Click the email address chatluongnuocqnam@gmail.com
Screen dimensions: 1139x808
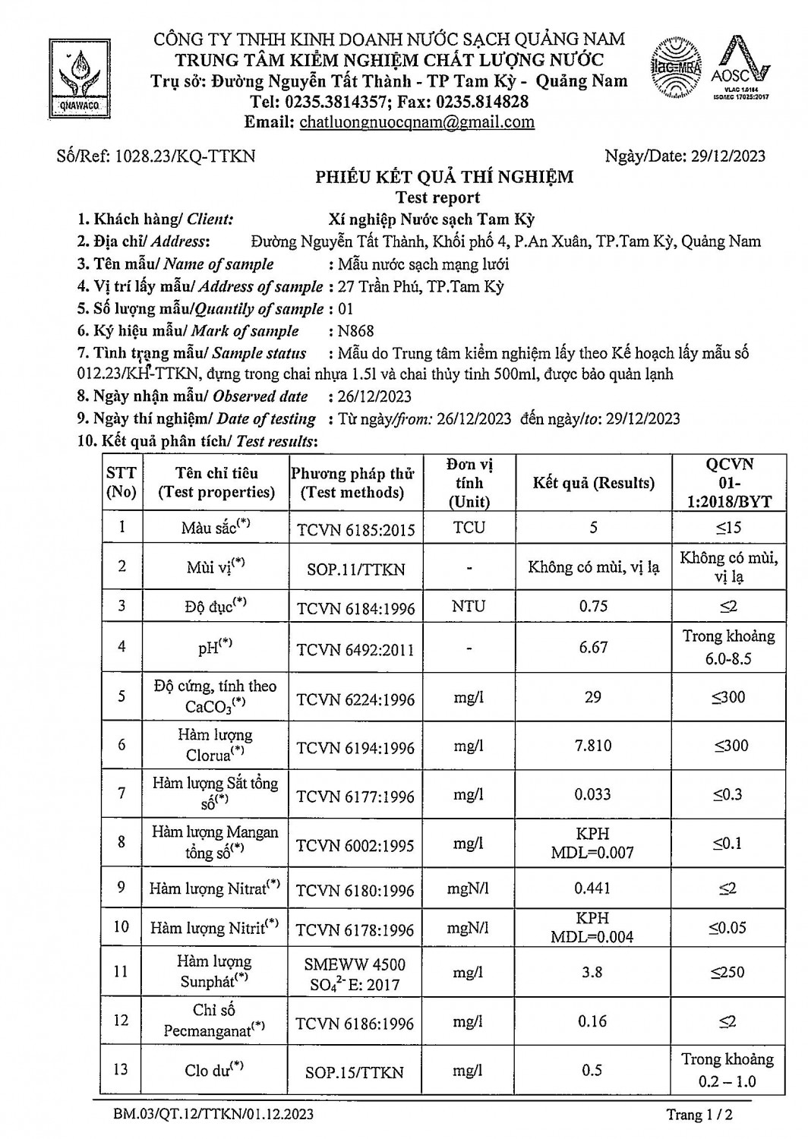pos(417,122)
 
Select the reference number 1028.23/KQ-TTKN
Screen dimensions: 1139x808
pos(185,156)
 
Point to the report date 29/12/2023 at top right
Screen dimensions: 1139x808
pos(728,156)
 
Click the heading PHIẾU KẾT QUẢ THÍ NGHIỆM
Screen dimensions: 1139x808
pos(444,178)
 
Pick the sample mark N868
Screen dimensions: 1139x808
pos(356,331)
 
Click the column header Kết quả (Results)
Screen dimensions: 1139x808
pos(593,483)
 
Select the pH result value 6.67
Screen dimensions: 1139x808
pos(593,647)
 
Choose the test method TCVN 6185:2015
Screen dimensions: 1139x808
pos(356,528)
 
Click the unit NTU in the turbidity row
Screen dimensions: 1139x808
pos(469,607)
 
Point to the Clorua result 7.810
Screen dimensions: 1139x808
pos(593,746)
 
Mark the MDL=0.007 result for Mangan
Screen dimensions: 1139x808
pos(593,853)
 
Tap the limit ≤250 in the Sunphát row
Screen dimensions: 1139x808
pos(728,972)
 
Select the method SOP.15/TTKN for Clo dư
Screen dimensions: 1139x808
pos(355,1072)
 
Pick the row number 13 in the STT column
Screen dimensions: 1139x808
pos(121,1070)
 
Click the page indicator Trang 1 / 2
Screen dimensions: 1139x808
pos(699,1115)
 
